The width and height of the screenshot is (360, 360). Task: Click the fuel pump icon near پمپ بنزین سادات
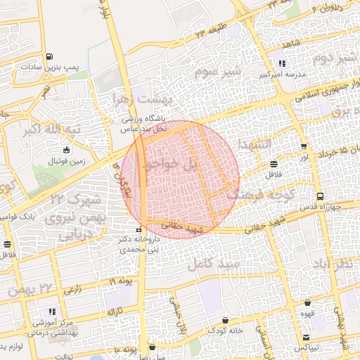point(48,57)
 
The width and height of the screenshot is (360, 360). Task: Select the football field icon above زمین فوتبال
point(66,150)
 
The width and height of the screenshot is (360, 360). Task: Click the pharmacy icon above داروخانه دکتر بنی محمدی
point(139,230)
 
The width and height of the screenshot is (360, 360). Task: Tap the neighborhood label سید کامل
point(214,265)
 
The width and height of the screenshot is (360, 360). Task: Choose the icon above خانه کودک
point(225,320)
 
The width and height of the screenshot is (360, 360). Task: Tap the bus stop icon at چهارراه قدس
point(320,196)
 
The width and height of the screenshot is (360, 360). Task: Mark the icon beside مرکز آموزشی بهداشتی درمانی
point(51,311)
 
